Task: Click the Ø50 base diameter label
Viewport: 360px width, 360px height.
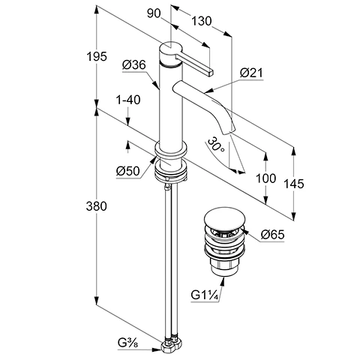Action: [127, 170]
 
